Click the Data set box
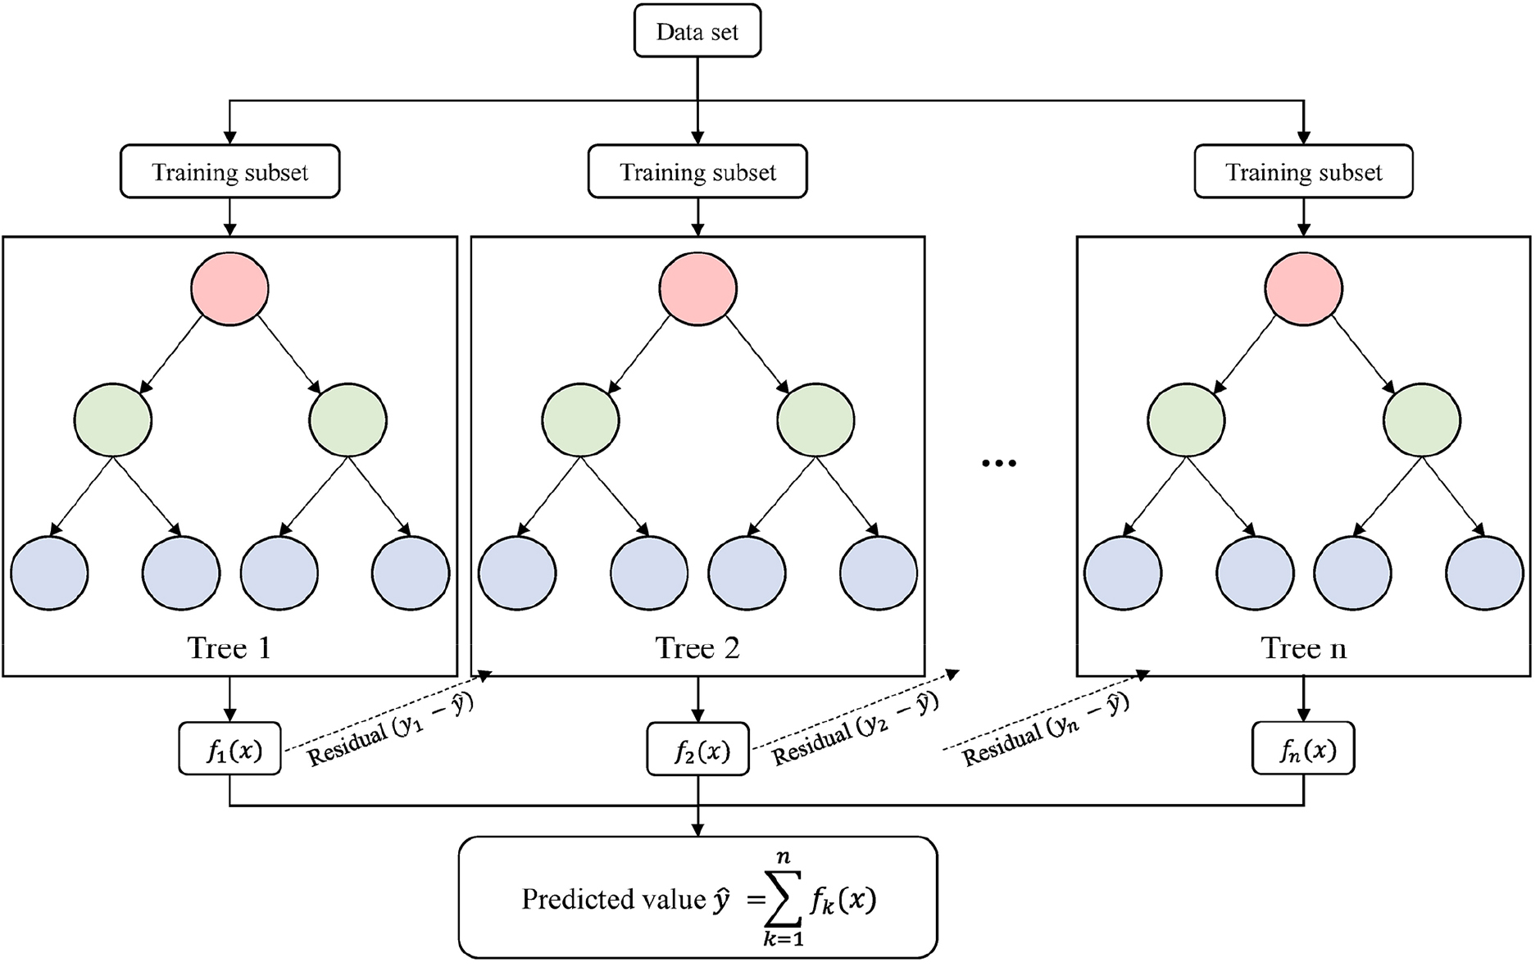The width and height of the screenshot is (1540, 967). click(697, 32)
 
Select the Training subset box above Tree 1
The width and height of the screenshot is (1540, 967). click(230, 172)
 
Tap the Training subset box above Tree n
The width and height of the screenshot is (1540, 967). click(1303, 172)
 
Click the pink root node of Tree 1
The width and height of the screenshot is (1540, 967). click(229, 288)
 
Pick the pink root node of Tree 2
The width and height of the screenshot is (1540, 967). click(697, 288)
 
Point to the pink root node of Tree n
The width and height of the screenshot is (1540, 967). click(1303, 288)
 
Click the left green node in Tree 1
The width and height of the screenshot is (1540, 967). click(113, 420)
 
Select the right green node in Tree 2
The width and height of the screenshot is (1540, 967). click(815, 420)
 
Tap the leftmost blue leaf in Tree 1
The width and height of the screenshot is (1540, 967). click(49, 573)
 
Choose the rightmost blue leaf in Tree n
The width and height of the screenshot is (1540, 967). click(1484, 573)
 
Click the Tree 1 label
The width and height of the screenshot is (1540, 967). click(229, 648)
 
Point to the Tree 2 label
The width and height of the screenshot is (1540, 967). click(697, 648)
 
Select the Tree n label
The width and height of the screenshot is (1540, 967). click(1303, 648)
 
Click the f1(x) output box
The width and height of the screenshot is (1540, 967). click(230, 749)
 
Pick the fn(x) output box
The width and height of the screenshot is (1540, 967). click(1303, 749)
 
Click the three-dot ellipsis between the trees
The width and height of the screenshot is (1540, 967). click(999, 464)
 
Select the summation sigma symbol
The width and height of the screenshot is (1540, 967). click(784, 900)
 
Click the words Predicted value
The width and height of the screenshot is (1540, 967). click(613, 900)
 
